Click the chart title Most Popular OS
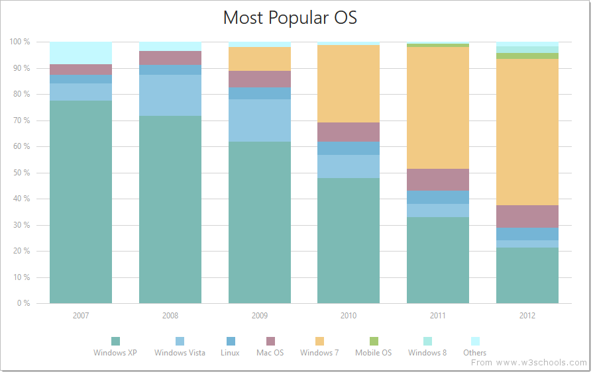[290, 18]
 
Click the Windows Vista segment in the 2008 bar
[170, 95]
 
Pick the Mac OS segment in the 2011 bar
[438, 179]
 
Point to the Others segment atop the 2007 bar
[81, 53]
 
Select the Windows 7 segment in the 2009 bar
[260, 59]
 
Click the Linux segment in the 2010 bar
[349, 148]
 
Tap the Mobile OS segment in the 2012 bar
[527, 56]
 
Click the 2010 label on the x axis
[349, 316]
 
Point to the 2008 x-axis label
[170, 316]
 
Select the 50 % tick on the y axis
[20, 173]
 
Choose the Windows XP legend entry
[115, 347]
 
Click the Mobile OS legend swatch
[374, 341]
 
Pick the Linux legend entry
[231, 347]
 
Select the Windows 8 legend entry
[427, 347]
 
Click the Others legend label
[474, 353]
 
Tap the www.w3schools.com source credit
[529, 363]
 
